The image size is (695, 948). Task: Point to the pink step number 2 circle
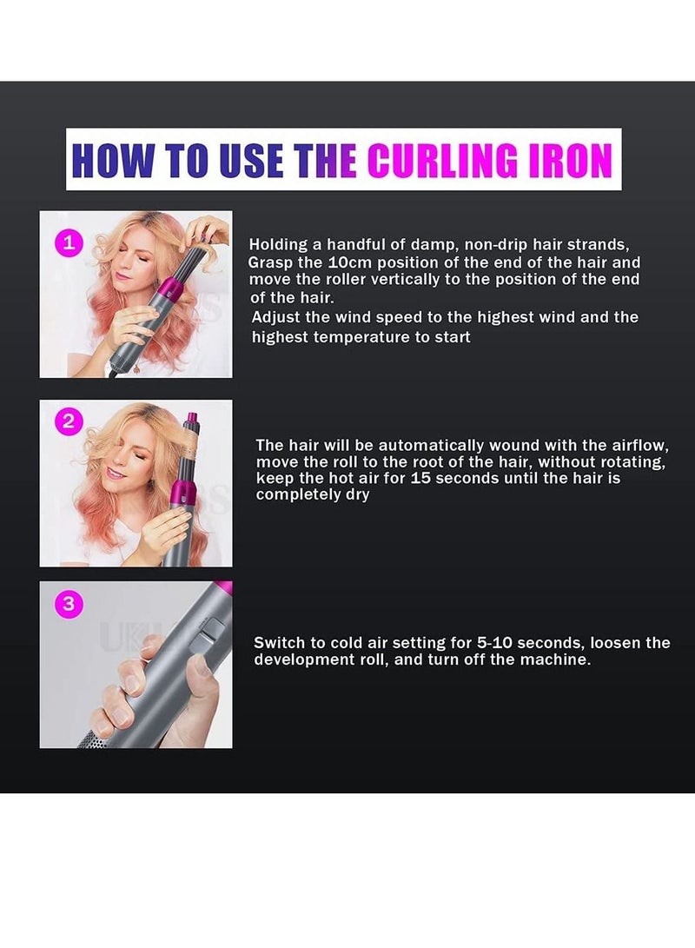pyautogui.click(x=69, y=423)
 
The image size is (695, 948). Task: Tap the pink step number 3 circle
pyautogui.click(x=69, y=604)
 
